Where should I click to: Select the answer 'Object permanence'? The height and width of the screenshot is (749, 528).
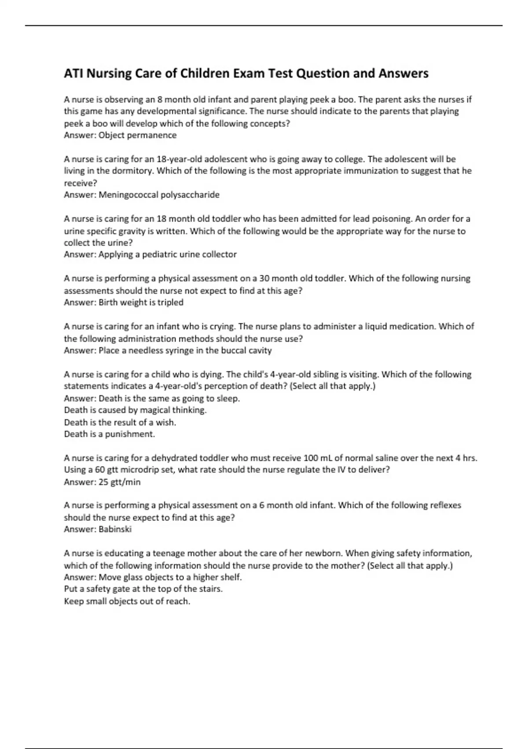(137, 135)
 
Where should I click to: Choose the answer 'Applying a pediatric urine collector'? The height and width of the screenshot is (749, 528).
(167, 254)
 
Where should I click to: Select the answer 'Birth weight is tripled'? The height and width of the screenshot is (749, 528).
(141, 302)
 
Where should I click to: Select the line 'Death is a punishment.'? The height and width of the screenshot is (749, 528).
(110, 434)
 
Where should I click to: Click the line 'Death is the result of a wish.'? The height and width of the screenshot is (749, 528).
(120, 422)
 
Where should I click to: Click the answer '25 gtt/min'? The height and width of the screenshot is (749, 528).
(119, 482)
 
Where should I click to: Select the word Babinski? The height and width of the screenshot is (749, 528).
(115, 529)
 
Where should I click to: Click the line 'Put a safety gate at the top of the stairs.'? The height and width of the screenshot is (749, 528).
(143, 589)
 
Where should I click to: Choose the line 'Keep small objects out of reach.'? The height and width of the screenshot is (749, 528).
(127, 601)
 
